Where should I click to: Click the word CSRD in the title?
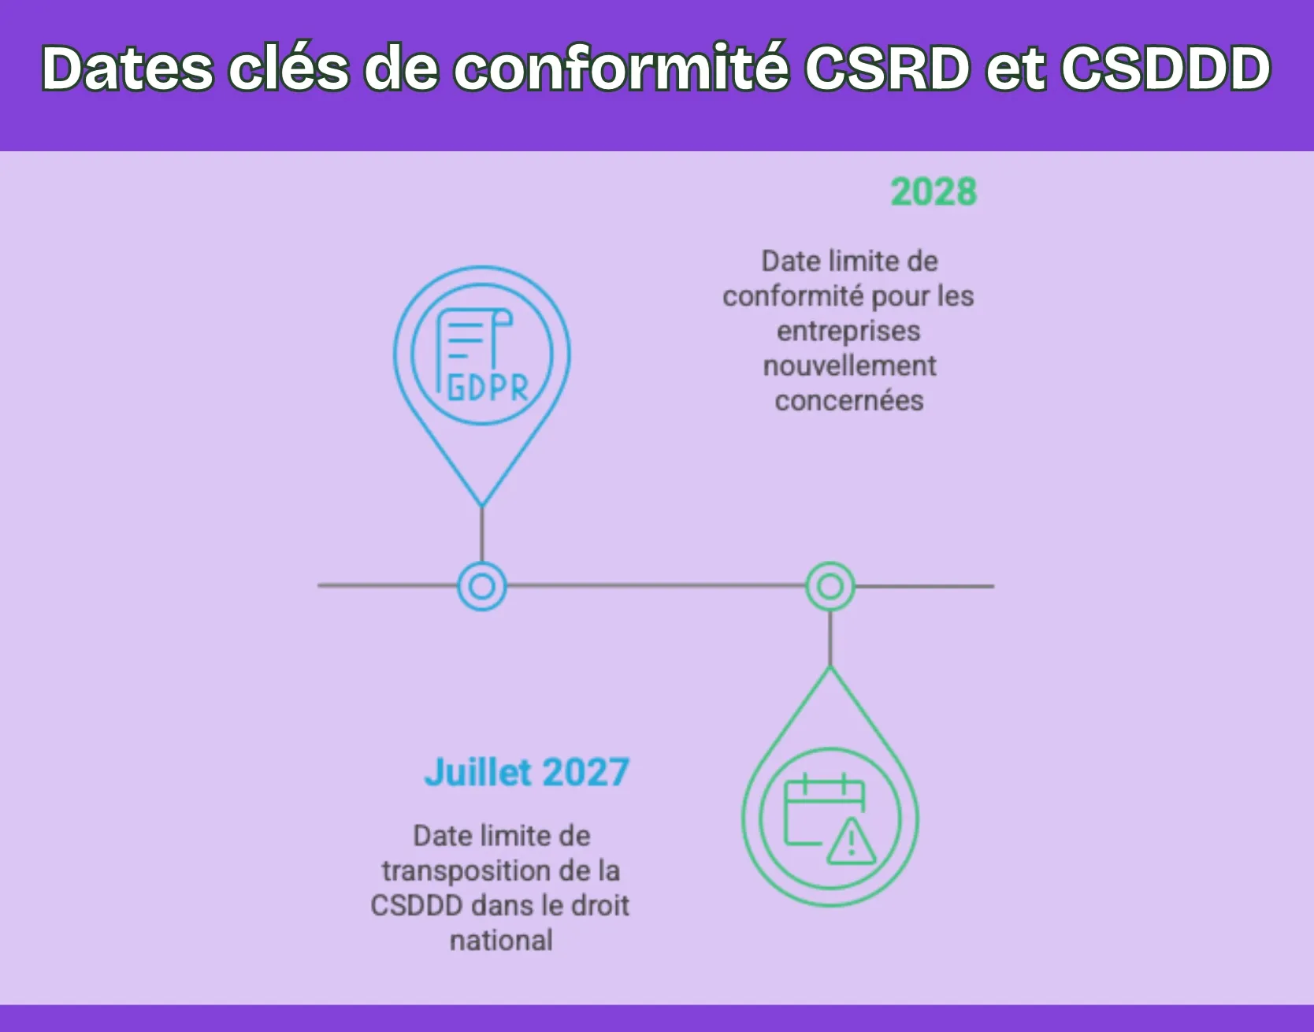pos(887,69)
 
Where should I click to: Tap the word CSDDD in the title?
pos(1166,69)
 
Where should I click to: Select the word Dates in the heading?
pos(127,69)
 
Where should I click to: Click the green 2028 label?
pos(934,192)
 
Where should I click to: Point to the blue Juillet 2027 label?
pos(527,772)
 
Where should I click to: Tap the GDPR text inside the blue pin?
pos(488,388)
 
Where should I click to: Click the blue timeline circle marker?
pos(482,586)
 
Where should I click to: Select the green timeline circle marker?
pos(830,586)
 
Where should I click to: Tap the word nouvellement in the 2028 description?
pos(849,366)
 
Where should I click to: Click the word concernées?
pos(849,401)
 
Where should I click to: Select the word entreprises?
pos(848,332)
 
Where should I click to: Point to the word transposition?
pos(466,871)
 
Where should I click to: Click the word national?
pos(501,941)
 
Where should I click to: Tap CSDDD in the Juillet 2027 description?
pos(417,906)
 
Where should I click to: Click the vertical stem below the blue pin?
pos(482,534)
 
